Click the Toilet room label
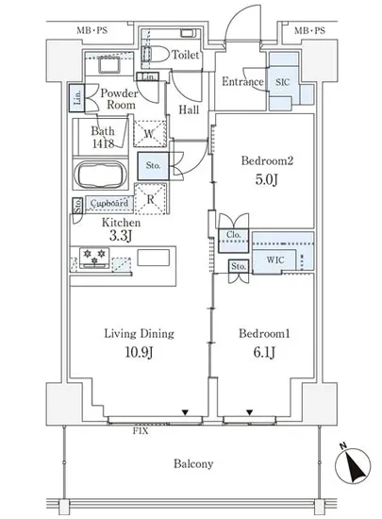[x=186, y=55]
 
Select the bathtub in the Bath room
[x=101, y=176]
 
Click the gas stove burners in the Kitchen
[x=94, y=257]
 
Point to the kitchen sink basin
[x=154, y=258]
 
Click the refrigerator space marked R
[x=151, y=199]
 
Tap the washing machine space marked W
[x=149, y=133]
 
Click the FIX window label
[x=141, y=431]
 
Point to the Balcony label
[x=193, y=463]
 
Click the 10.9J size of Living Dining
[x=139, y=353]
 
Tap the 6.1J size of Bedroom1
[x=264, y=352]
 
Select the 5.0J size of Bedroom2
[x=266, y=179]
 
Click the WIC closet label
[x=275, y=259]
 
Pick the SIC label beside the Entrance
[x=283, y=82]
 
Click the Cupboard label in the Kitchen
[x=109, y=203]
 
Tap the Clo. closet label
[x=234, y=235]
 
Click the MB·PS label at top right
[x=310, y=31]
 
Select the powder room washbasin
[x=109, y=64]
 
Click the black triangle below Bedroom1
[x=249, y=412]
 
